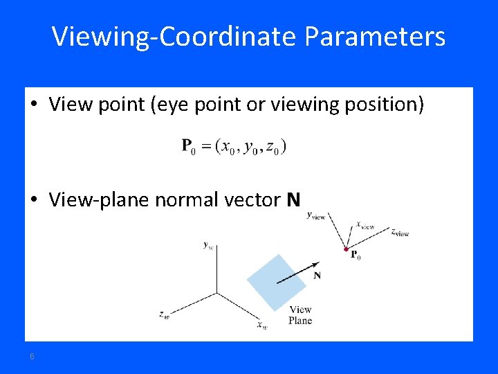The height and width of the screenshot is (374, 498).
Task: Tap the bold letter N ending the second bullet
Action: click(294, 200)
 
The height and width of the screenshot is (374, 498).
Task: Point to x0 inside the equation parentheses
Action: click(226, 147)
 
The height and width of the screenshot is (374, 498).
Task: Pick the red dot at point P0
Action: click(346, 249)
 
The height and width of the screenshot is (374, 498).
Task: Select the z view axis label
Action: click(400, 233)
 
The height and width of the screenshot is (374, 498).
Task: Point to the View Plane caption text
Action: click(300, 315)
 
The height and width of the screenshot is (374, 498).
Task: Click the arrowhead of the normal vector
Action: click(317, 263)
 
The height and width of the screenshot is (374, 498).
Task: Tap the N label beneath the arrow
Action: click(317, 276)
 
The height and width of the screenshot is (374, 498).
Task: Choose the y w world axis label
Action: click(207, 244)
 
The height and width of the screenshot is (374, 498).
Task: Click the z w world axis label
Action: click(164, 315)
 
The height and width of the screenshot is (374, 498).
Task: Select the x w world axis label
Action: click(261, 325)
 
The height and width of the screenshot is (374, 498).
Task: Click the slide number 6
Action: click(32, 356)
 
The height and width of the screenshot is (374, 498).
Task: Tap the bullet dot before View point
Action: click(34, 105)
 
